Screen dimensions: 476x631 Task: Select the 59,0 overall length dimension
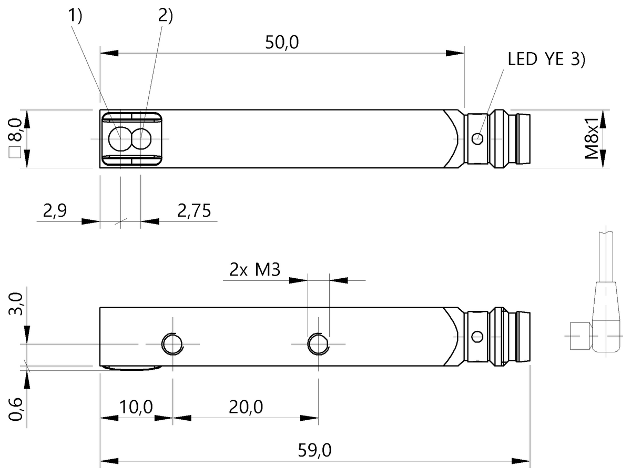(x=314, y=451)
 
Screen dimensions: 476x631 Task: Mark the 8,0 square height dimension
(x=15, y=129)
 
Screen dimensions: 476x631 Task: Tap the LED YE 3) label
(x=546, y=59)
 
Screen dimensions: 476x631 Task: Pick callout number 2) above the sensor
(x=165, y=16)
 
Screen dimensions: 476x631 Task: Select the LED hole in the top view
(x=477, y=139)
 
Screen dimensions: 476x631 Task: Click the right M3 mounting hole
(x=318, y=343)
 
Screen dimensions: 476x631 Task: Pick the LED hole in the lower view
(x=477, y=336)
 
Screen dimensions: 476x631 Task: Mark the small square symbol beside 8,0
(x=15, y=154)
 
